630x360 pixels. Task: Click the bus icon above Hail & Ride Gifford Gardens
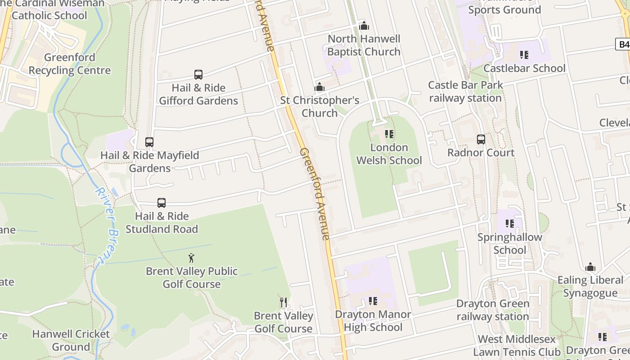pos(198,75)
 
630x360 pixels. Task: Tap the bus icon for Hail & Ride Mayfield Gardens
pos(149,142)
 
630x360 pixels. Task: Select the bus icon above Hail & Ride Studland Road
pos(162,203)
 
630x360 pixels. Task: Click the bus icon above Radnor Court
pos(481,139)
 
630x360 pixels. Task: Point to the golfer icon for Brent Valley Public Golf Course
pos(192,258)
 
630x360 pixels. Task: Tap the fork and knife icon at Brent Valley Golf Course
pos(283,302)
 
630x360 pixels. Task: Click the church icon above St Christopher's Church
pos(319,87)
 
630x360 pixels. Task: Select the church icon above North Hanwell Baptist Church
pos(364,26)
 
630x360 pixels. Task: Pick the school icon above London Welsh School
pos(389,134)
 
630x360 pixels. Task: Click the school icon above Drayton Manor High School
pos(373,301)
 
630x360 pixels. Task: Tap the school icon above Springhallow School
pos(510,224)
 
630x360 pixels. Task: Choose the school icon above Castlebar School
pos(524,55)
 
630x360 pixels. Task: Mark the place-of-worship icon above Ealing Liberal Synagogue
pos(590,267)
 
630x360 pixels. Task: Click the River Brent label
pos(107,225)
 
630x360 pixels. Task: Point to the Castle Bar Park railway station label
pos(465,91)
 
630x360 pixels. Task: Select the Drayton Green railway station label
pos(493,310)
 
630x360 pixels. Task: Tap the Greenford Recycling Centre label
pos(69,64)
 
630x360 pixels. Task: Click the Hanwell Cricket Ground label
pos(71,340)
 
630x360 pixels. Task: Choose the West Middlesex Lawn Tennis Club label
pos(517,346)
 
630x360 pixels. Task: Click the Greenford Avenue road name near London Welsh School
pos(315,193)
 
